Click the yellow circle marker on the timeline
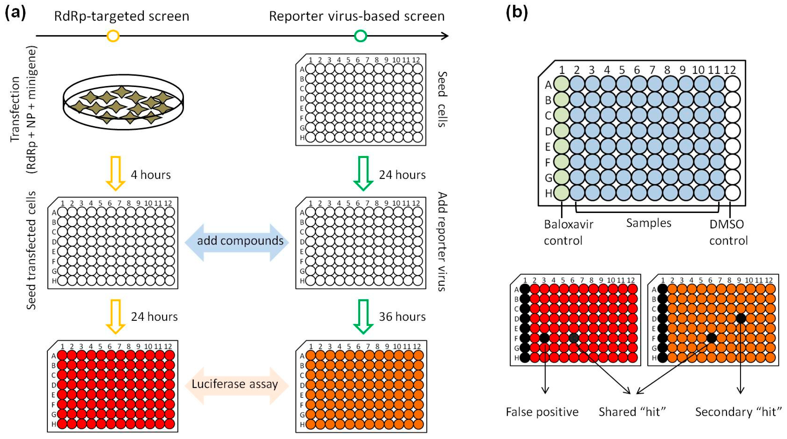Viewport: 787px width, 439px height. coord(113,36)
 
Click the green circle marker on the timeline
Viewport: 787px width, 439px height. coord(361,36)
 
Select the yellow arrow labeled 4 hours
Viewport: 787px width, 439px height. coord(116,173)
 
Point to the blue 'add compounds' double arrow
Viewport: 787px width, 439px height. coord(237,242)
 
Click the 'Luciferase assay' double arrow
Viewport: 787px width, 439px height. coord(237,385)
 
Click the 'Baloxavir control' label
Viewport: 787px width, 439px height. coord(568,232)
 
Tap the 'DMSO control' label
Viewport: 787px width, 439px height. coord(728,232)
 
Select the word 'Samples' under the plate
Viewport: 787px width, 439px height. coord(649,223)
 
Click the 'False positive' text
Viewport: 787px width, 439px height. coord(542,412)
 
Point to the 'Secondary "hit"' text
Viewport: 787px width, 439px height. coord(739,412)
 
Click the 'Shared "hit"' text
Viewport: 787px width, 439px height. coord(632,412)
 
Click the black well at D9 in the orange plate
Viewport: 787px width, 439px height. coord(741,318)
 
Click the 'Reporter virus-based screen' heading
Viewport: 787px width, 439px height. coord(356,16)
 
